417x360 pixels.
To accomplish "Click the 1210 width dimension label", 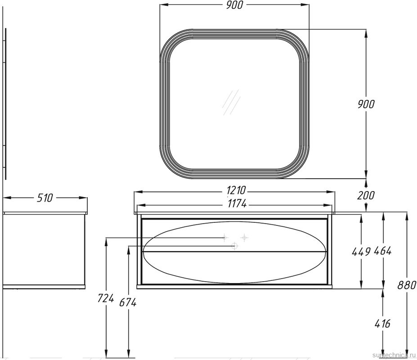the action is click(x=236, y=190).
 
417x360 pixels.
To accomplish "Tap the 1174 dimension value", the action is click(x=237, y=204).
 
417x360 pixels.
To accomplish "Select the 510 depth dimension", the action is click(x=45, y=198).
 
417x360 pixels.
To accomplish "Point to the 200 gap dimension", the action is click(x=366, y=196).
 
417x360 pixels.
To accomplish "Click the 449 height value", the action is click(x=361, y=252).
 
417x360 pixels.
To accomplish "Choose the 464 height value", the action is click(x=383, y=251).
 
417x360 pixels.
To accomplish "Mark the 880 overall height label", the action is click(x=407, y=285).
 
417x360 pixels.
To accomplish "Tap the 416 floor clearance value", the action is click(x=382, y=324).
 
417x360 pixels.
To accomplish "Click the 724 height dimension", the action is click(x=106, y=298).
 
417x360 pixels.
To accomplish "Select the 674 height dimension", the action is click(x=128, y=302).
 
